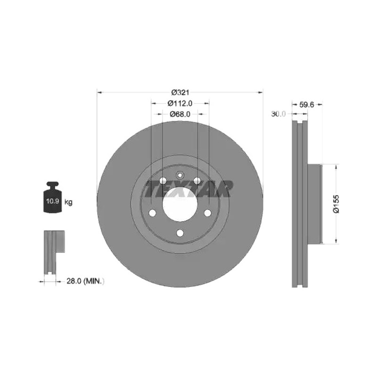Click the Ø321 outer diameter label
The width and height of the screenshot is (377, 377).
[x=180, y=92]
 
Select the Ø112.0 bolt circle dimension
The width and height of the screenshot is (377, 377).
[x=180, y=103]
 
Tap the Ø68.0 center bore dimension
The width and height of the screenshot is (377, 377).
[x=180, y=114]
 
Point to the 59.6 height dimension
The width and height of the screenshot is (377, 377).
[x=307, y=105]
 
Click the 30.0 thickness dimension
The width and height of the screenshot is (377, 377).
[x=278, y=114]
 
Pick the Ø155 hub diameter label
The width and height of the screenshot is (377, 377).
[x=336, y=204]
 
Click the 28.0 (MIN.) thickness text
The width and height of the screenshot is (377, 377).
[x=85, y=281]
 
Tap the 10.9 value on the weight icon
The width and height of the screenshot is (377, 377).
[x=53, y=201]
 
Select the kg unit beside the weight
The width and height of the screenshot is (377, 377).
[x=68, y=203]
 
